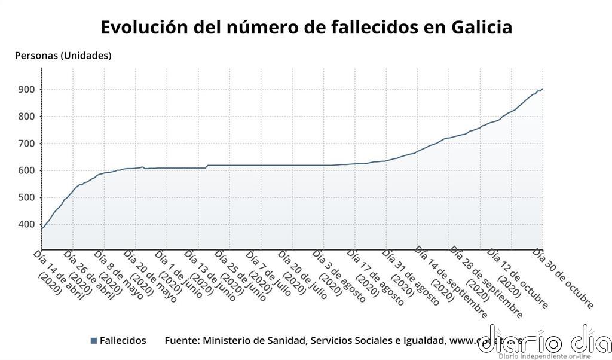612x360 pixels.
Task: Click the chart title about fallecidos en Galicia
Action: (306, 27)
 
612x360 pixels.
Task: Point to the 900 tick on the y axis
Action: (27, 90)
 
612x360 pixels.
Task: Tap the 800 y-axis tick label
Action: (27, 117)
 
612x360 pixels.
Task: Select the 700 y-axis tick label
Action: (27, 144)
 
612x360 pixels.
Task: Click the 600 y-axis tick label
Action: (27, 170)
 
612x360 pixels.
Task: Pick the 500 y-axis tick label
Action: (27, 197)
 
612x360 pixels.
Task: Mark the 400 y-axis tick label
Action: (27, 224)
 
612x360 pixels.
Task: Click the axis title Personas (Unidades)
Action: (63, 56)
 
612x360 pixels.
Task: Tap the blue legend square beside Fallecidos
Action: (93, 341)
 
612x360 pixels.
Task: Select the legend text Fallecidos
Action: (123, 340)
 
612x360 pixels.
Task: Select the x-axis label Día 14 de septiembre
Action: (451, 281)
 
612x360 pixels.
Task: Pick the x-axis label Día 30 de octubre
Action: (565, 279)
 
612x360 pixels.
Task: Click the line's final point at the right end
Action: (542, 89)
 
